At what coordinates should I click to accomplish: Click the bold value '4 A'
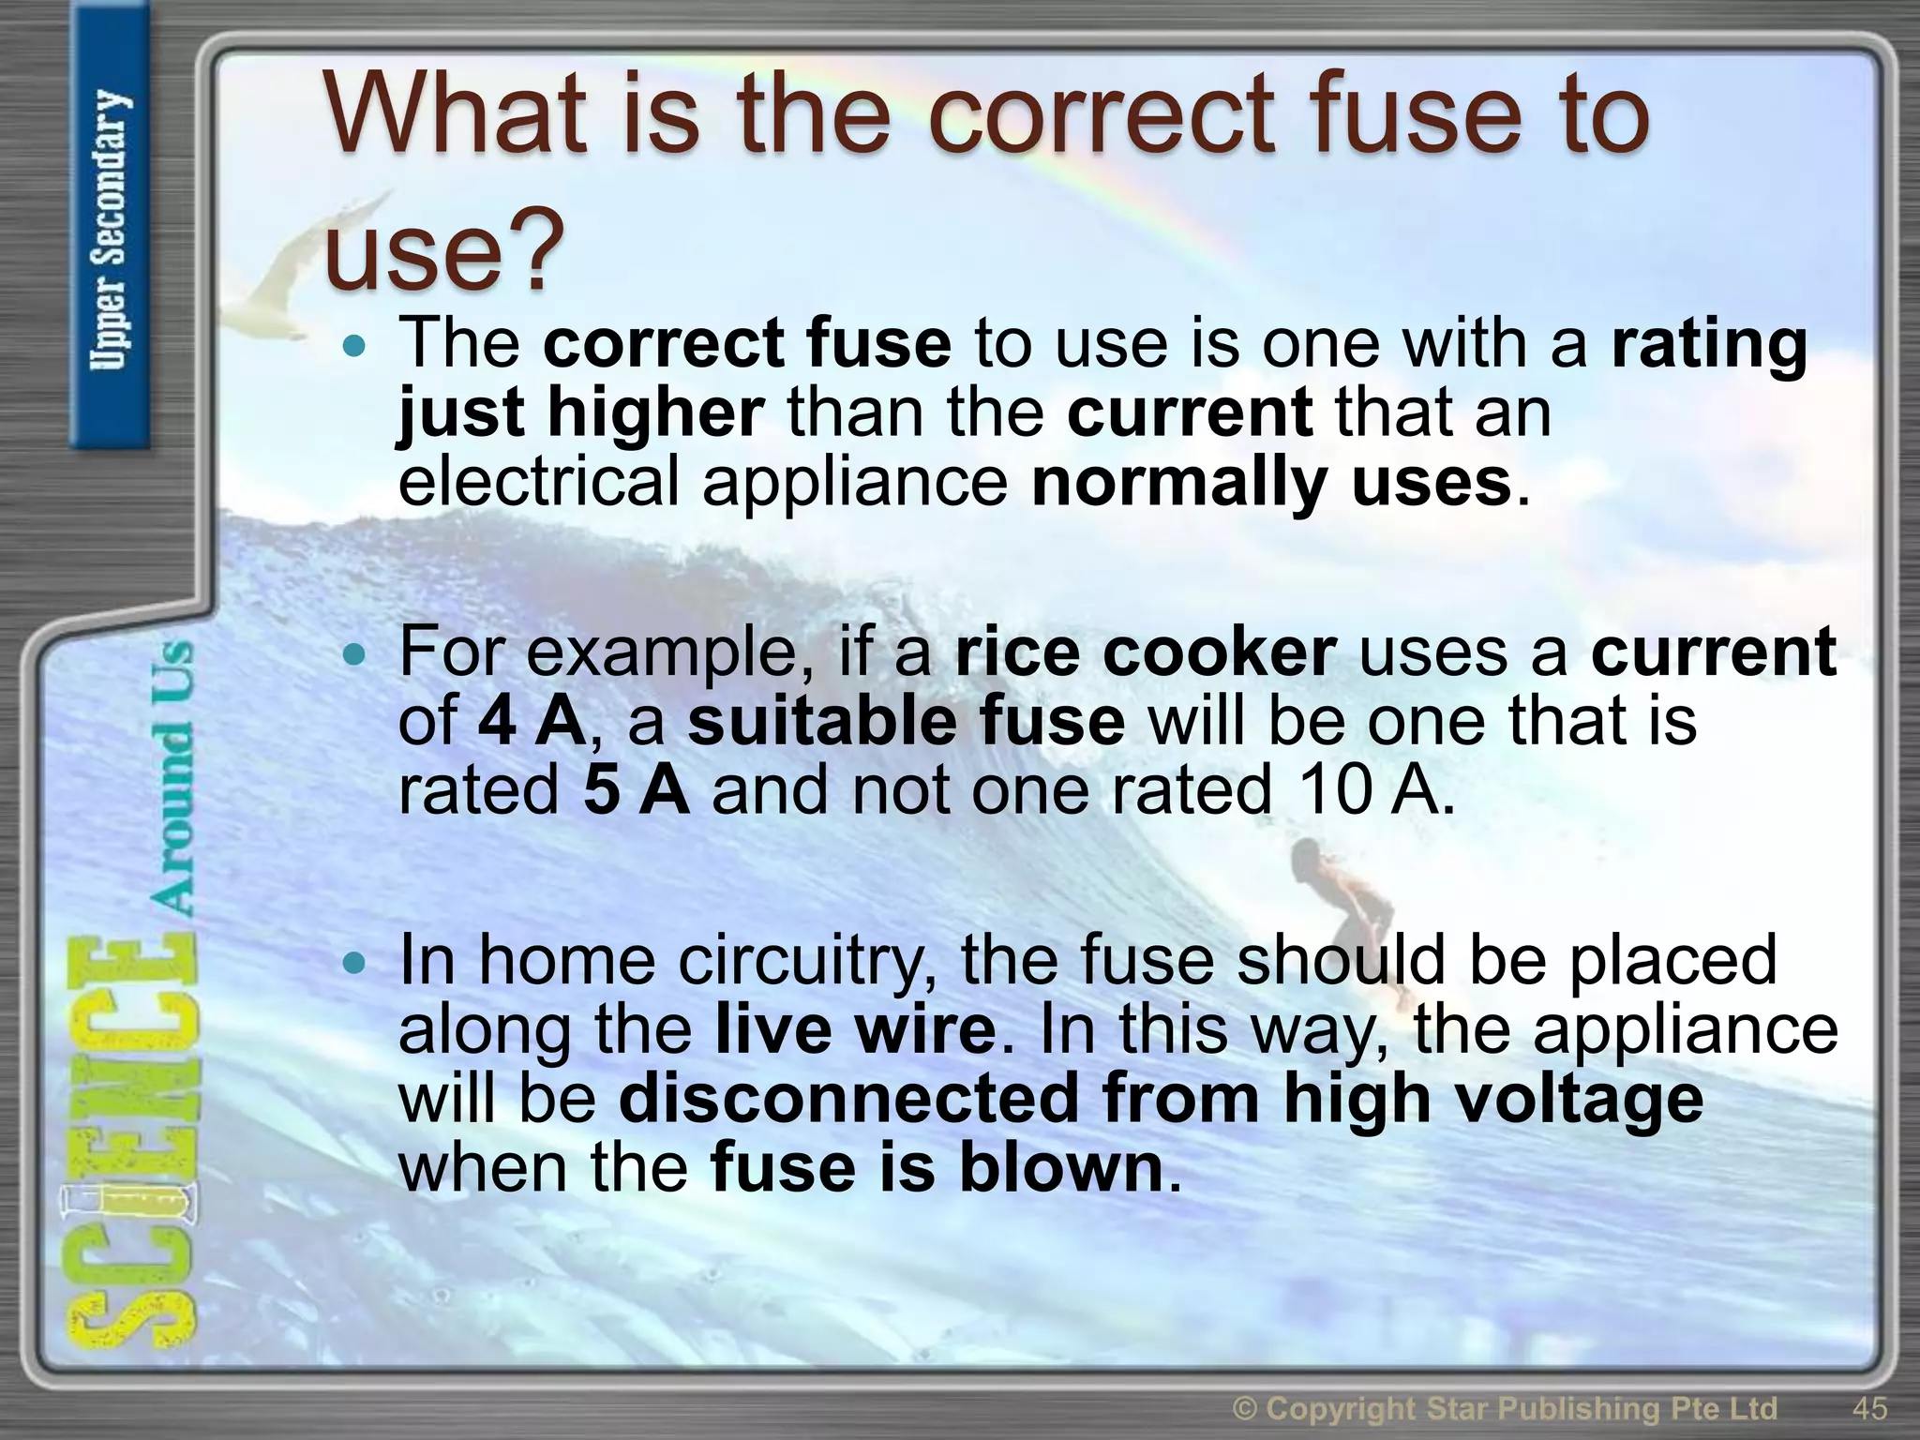click(x=532, y=722)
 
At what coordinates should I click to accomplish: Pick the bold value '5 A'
click(x=636, y=789)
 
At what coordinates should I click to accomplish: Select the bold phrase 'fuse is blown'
click(x=937, y=1168)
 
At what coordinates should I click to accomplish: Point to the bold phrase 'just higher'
click(x=581, y=413)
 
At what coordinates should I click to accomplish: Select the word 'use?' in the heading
click(x=444, y=249)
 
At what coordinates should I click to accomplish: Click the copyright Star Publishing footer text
click(x=1505, y=1409)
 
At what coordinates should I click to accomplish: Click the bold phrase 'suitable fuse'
click(x=906, y=722)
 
